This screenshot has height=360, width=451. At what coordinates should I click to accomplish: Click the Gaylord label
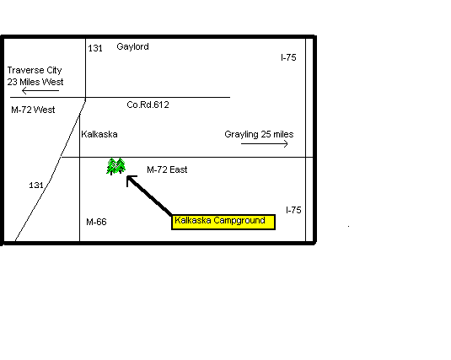132,46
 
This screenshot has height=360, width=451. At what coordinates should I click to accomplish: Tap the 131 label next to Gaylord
95,48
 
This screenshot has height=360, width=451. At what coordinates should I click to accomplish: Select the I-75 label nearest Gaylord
288,57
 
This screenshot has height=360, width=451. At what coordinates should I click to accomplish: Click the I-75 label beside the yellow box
293,210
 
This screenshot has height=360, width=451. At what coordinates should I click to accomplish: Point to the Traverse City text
35,71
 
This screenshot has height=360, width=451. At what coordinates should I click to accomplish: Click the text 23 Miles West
35,82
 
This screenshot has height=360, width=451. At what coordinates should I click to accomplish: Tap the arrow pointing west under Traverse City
40,91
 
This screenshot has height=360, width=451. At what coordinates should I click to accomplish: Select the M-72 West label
33,110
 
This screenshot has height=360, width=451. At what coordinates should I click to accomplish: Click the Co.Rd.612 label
148,105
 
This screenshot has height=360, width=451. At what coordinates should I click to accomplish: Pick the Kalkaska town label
99,134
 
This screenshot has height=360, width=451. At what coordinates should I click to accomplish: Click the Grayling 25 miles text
259,134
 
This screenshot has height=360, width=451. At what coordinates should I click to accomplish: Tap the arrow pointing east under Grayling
265,143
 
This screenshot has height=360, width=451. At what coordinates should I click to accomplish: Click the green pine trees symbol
116,166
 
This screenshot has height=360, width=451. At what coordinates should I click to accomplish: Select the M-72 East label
167,169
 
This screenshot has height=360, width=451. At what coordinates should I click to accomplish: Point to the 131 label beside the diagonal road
36,185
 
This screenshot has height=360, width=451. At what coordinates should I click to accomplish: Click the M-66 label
96,222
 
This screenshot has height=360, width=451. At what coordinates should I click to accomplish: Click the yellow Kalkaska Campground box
223,223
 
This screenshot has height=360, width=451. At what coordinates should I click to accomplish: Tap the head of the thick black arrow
128,177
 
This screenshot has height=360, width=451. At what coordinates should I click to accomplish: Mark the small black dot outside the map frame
349,227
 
